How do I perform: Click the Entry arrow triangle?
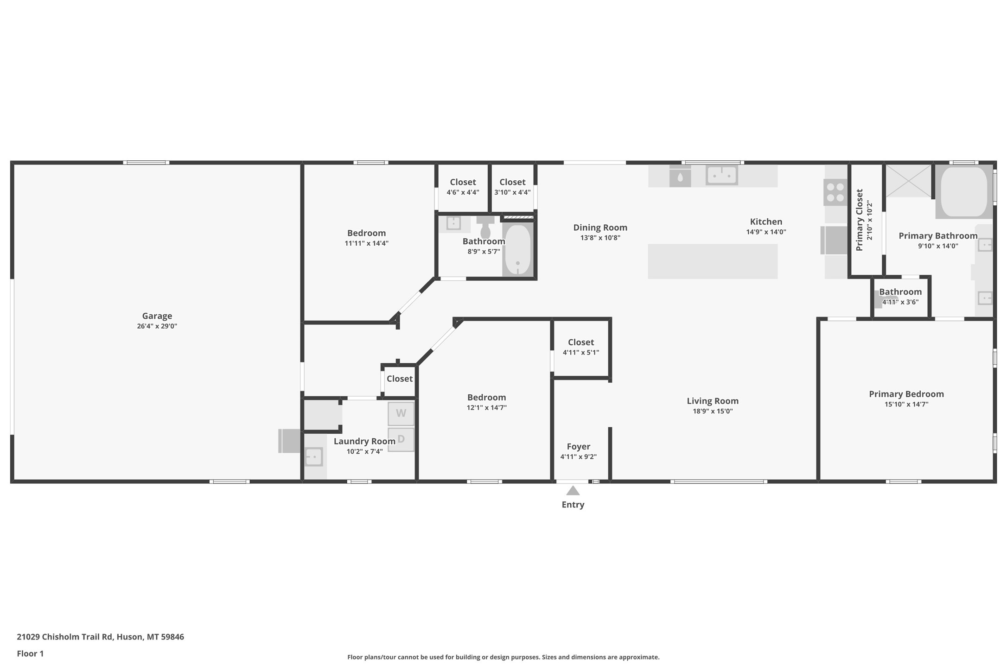coord(573,490)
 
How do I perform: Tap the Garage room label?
coord(157,316)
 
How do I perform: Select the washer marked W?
coord(401,413)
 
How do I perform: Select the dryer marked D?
coord(401,439)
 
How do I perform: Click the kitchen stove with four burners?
coord(835,193)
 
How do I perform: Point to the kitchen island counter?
coord(712,261)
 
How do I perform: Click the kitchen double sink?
coord(721,176)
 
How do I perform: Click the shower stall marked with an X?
coord(908,181)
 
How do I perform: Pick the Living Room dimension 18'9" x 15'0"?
coord(713,411)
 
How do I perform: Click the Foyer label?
coord(578,447)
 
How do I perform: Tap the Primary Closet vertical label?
coord(859,220)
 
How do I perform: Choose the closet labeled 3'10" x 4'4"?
coord(512,187)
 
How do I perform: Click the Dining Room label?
coord(600,228)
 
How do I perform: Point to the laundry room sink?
coord(314,457)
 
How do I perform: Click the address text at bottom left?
coord(100,637)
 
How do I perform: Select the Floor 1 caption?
coord(30,654)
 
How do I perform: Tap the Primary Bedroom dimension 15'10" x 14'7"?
coord(906,405)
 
